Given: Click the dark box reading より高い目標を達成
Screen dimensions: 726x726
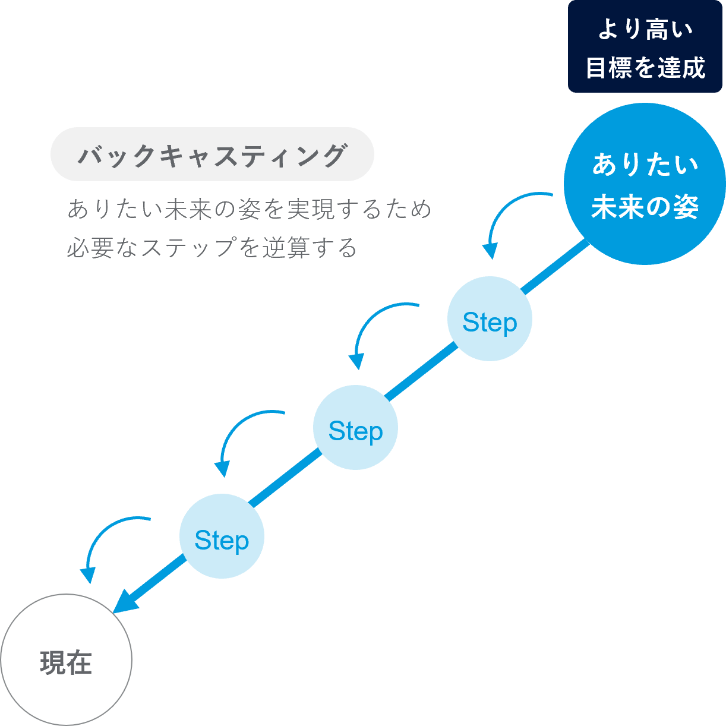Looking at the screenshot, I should [x=645, y=46].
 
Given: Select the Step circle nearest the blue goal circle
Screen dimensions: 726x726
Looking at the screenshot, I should [x=490, y=319].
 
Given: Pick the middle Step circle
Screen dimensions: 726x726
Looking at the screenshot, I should [x=355, y=428].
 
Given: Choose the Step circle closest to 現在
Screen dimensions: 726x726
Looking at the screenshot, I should [x=222, y=536].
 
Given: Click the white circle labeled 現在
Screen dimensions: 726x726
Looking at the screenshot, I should [x=65, y=660].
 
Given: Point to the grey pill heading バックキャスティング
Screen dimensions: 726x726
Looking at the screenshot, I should [x=212, y=154].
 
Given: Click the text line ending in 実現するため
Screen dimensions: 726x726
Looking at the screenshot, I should [x=250, y=209].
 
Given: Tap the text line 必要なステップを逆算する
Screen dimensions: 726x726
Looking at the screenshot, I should [x=212, y=248].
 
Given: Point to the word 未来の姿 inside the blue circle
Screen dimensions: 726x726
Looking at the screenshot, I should [x=645, y=207].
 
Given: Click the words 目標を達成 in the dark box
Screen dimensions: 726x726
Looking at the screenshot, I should [x=645, y=68].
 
